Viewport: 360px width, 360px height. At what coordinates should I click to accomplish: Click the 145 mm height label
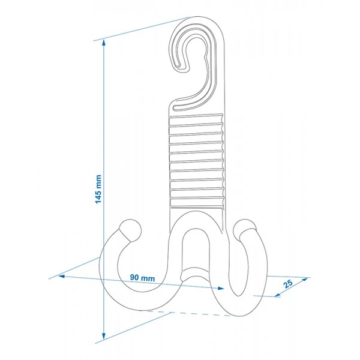tap(98, 189)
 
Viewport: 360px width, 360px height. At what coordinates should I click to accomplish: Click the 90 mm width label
tap(142, 278)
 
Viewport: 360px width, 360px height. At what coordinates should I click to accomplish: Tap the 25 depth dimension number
tap(288, 284)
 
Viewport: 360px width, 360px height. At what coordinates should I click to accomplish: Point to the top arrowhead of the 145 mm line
tap(104, 43)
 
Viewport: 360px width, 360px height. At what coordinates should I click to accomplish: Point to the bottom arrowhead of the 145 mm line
tap(104, 336)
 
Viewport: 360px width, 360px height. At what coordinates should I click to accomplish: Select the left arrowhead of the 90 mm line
tap(62, 276)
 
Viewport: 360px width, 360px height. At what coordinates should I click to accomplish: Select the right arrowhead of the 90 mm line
tap(221, 289)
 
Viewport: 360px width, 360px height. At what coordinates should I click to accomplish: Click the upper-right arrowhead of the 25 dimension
tap(305, 280)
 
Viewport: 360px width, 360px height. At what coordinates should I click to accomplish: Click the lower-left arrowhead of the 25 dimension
tap(277, 295)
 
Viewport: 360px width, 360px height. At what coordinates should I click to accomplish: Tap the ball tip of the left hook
tap(130, 230)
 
